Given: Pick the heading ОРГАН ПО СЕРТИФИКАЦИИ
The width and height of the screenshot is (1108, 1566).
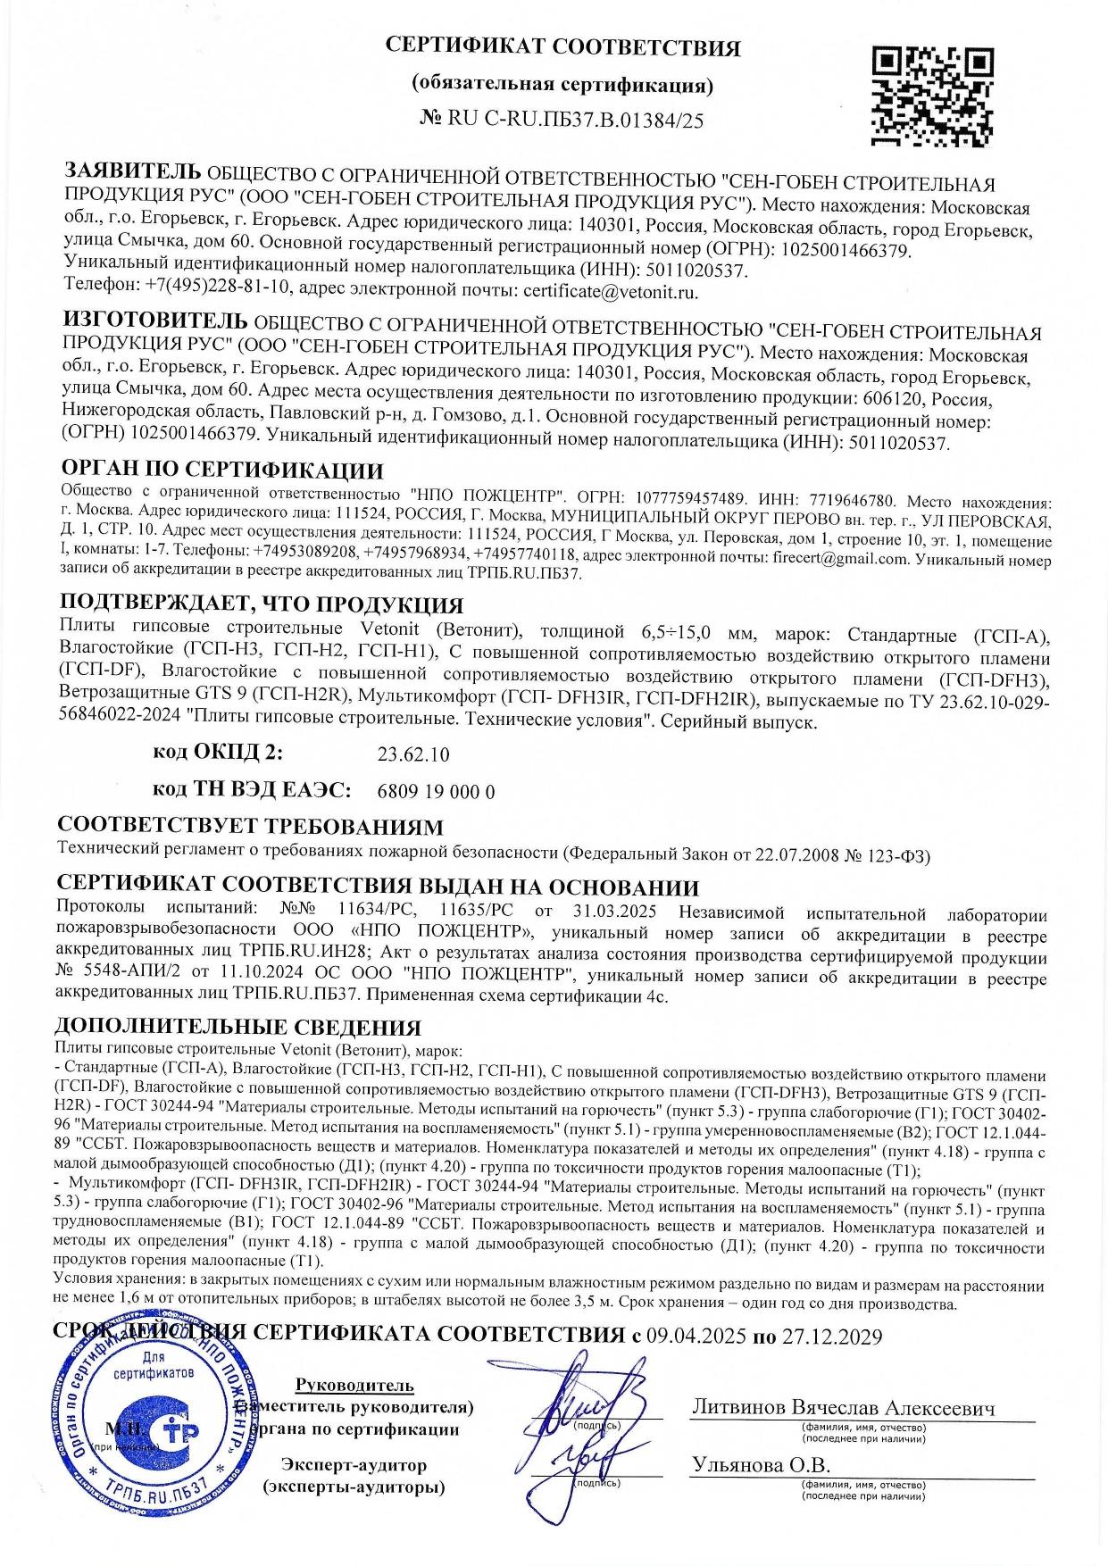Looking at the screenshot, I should coord(221,471).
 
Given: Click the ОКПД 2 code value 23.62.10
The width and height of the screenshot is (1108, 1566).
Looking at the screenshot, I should coord(413,754).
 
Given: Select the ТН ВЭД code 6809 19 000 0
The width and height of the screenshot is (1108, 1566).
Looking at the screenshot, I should coord(437,792).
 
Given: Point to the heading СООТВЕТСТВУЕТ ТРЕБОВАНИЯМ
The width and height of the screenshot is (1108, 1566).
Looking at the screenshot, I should coord(250,826).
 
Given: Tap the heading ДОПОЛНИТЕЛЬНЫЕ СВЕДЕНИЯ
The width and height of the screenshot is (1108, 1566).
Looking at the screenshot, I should coord(238,1028).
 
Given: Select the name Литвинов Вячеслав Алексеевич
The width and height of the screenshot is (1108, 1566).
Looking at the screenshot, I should coord(843,1408).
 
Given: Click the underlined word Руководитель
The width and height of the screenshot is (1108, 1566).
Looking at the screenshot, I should coord(354,1386).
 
